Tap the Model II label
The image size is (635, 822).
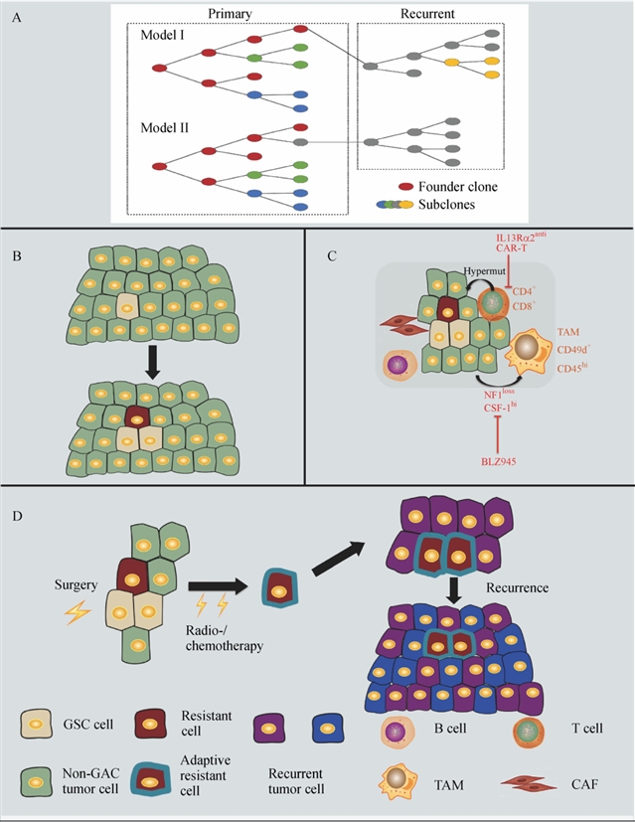[165, 127]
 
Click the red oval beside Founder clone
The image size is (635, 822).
[403, 185]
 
